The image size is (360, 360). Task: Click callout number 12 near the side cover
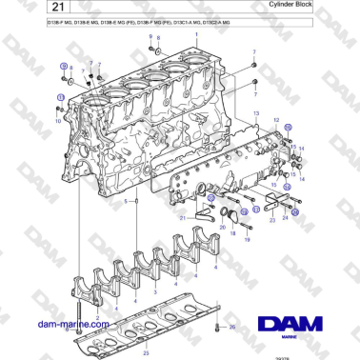[275, 121]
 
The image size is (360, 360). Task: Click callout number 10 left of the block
[57, 122]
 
